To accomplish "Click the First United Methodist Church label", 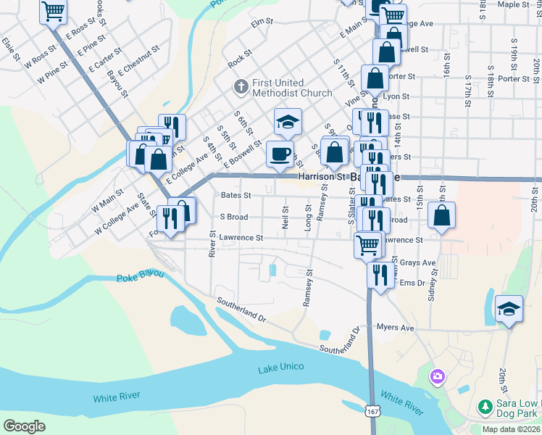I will pyautogui.click(x=293, y=88).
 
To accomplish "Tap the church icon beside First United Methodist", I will pyautogui.click(x=241, y=88).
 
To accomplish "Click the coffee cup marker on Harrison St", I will pyautogui.click(x=280, y=153).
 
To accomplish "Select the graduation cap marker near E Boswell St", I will pyautogui.click(x=288, y=122).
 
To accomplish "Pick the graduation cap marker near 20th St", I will pyautogui.click(x=509, y=308).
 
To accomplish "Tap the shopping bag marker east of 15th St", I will pyautogui.click(x=441, y=215).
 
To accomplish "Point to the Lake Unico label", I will pyautogui.click(x=279, y=370).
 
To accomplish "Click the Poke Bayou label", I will pyautogui.click(x=140, y=277).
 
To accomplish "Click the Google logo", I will pyautogui.click(x=24, y=426).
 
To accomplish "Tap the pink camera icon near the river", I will pyautogui.click(x=437, y=376).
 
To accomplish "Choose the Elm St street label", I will pyautogui.click(x=261, y=23).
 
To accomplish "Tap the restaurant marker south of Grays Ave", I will pyautogui.click(x=380, y=274).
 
